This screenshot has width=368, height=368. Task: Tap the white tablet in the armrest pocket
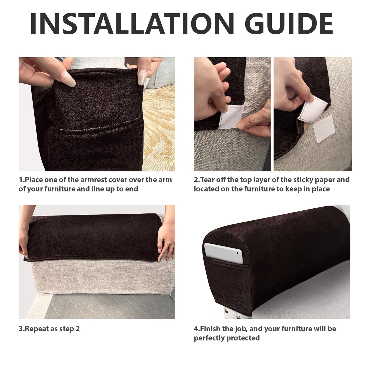pyautogui.click(x=224, y=253)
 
